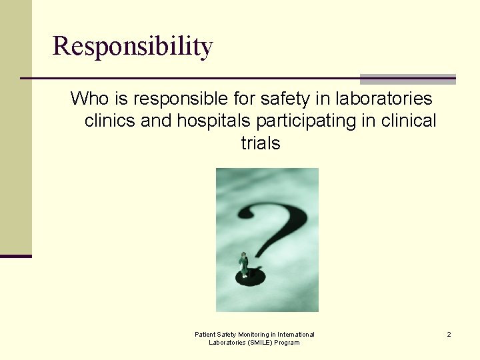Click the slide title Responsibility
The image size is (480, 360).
click(133, 46)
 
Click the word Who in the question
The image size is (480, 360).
click(88, 99)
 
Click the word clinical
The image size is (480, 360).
click(409, 121)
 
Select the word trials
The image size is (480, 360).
click(260, 143)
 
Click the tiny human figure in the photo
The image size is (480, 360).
click(244, 264)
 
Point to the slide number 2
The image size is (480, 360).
click(449, 334)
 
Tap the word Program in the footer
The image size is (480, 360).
click(287, 343)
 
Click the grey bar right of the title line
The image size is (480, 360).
click(407, 79)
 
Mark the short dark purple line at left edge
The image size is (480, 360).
click(15, 256)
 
